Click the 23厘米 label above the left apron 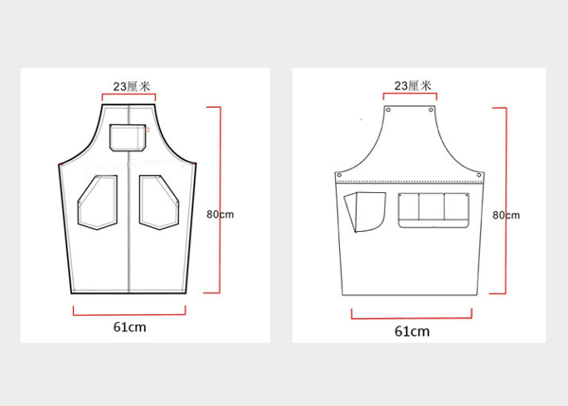(x=132, y=86)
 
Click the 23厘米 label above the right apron (x=413, y=85)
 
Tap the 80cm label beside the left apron (x=221, y=214)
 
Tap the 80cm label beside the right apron (x=506, y=215)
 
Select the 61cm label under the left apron (x=130, y=327)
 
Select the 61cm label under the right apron (x=412, y=331)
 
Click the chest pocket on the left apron (x=128, y=137)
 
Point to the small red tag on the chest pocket (x=148, y=130)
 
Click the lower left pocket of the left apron (x=98, y=203)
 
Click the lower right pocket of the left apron (x=159, y=203)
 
